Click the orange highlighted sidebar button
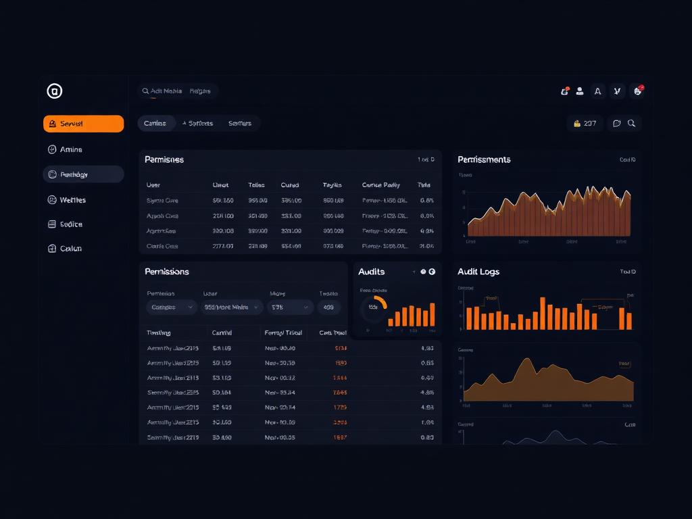click(83, 124)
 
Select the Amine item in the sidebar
click(70, 149)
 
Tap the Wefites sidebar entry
click(72, 200)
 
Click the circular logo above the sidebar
click(55, 91)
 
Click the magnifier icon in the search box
click(145, 91)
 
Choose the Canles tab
click(155, 123)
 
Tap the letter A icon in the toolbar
click(597, 91)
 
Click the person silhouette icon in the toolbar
click(580, 91)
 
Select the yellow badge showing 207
click(585, 124)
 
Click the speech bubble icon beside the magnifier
click(616, 124)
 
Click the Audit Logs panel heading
click(478, 272)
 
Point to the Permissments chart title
click(484, 159)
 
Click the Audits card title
click(371, 272)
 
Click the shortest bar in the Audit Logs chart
click(513, 326)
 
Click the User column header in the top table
click(153, 184)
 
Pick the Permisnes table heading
click(164, 159)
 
